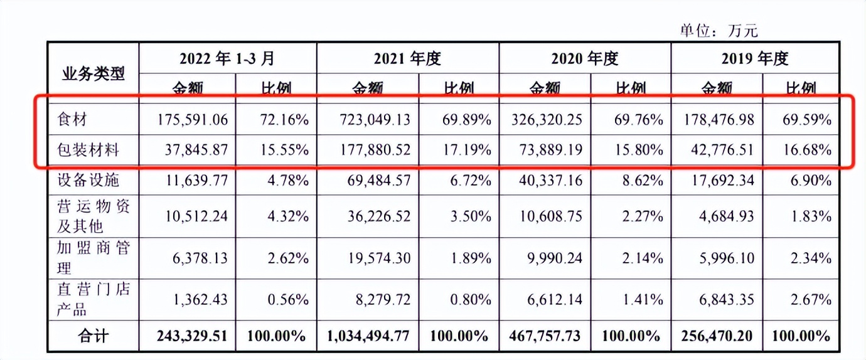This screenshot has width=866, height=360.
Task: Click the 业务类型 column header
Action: point(93,73)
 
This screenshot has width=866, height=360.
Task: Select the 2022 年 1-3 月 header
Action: point(227,58)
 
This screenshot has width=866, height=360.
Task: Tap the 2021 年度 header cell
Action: point(407,58)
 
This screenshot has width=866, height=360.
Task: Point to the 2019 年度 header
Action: point(754,58)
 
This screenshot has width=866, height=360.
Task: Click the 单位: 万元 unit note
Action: point(719,30)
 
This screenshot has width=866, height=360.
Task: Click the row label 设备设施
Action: point(88,181)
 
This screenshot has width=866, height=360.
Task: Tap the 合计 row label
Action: point(93,336)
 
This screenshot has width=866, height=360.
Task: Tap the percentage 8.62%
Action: point(641,181)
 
